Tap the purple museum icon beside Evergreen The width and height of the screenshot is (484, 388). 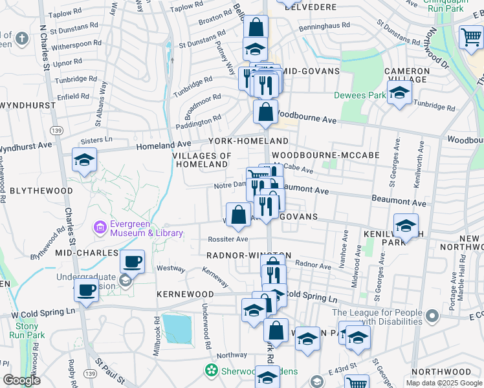click(100, 228)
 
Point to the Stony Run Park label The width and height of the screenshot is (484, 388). click(27, 331)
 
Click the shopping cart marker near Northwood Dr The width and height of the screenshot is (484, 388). click(471, 38)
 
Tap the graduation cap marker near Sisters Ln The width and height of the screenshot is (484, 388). click(84, 160)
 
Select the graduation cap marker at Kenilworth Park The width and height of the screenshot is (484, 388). click(406, 226)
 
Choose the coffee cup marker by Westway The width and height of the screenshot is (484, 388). click(133, 262)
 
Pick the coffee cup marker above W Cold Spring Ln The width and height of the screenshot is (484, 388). click(87, 290)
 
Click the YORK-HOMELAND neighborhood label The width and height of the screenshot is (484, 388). click(248, 141)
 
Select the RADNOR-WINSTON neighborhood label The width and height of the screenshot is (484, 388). click(248, 255)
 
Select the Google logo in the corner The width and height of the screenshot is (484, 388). click(21, 380)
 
